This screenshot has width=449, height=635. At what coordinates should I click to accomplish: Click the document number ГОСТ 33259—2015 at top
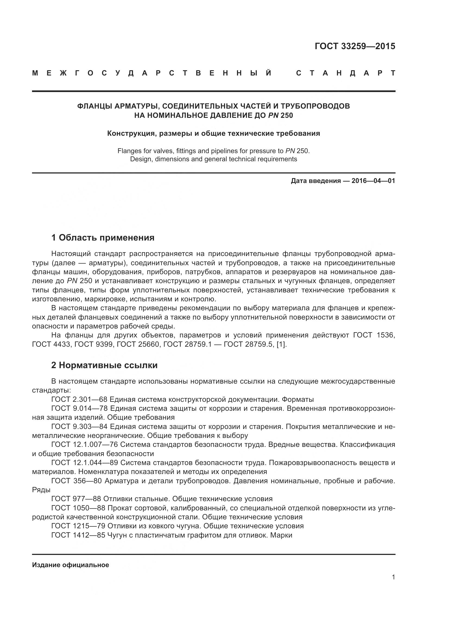point(355,46)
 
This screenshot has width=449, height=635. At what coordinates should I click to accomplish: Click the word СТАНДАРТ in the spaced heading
point(345,73)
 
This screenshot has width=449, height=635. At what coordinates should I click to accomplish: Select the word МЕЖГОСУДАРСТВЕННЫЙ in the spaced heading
point(152,73)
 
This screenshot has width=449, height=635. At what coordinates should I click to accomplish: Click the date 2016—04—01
point(373,181)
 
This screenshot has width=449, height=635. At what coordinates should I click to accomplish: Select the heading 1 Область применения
point(103,238)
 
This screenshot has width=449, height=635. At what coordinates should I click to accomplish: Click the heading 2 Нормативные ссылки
point(105,365)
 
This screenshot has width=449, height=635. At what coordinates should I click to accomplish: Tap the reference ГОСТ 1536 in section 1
point(374,335)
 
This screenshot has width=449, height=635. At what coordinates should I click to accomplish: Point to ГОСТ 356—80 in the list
point(77,481)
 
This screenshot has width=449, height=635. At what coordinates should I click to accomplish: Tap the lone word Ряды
point(41,490)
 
